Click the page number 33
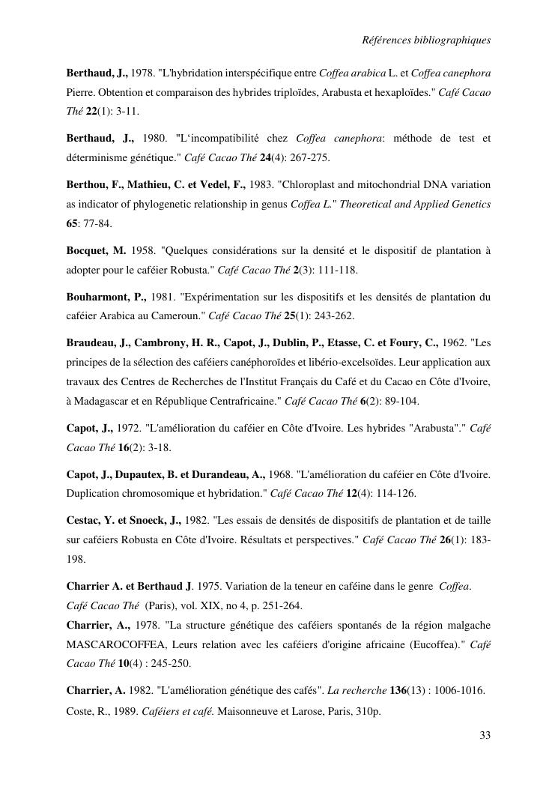pyautogui.click(x=485, y=735)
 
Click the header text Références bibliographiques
pyautogui.click(x=426, y=40)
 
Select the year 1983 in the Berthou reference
pyautogui.click(x=261, y=184)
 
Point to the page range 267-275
pyautogui.click(x=307, y=158)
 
